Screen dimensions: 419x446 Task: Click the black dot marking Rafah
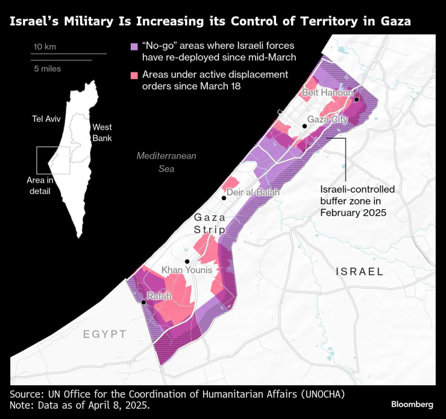coord(143,303)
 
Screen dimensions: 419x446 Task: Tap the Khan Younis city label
coord(186,270)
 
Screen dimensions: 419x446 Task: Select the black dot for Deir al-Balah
coord(224,198)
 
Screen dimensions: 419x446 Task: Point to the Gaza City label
coord(328,119)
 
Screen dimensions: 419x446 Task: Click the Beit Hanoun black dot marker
coord(357,99)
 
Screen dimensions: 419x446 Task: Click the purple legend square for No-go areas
coord(134,46)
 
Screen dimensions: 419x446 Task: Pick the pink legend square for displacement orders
coord(134,75)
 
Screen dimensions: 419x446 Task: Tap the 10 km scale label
coord(46,47)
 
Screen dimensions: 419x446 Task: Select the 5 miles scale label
coord(47,69)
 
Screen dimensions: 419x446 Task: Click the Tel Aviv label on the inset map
coord(46,119)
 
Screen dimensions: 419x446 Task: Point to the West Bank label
coord(101,133)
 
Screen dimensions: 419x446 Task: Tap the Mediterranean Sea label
coord(166,162)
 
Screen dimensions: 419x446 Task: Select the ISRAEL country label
coord(359,271)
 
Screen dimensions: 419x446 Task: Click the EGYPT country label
coord(105,334)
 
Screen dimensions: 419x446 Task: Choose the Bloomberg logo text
coord(412,404)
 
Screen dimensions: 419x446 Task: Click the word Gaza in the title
coord(392,22)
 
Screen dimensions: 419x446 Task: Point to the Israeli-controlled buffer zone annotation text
coord(354,201)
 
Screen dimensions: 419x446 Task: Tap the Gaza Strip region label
coord(210,223)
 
